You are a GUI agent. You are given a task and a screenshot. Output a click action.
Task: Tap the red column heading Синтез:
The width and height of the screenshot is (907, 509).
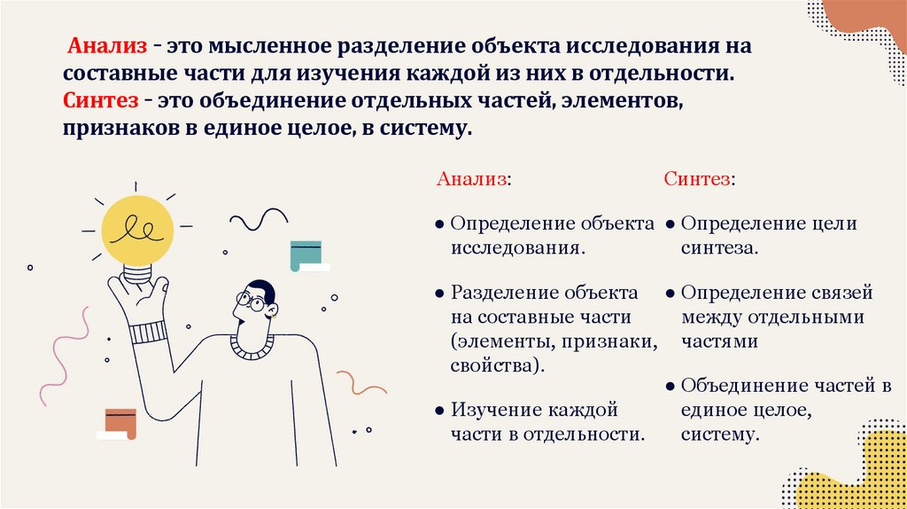(x=699, y=179)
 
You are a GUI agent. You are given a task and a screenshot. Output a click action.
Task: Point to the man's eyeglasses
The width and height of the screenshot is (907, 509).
(x=251, y=303)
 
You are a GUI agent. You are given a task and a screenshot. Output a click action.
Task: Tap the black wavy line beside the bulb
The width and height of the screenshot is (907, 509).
(x=259, y=219)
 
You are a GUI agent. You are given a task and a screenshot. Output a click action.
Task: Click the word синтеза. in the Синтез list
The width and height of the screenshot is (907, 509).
(x=719, y=248)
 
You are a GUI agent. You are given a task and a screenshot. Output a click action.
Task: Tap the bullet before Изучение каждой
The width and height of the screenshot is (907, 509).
(x=440, y=411)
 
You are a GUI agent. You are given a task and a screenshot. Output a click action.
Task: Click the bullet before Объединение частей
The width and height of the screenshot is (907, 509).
(x=672, y=387)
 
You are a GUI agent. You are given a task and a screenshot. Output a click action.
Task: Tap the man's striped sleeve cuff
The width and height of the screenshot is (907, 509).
(x=148, y=333)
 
